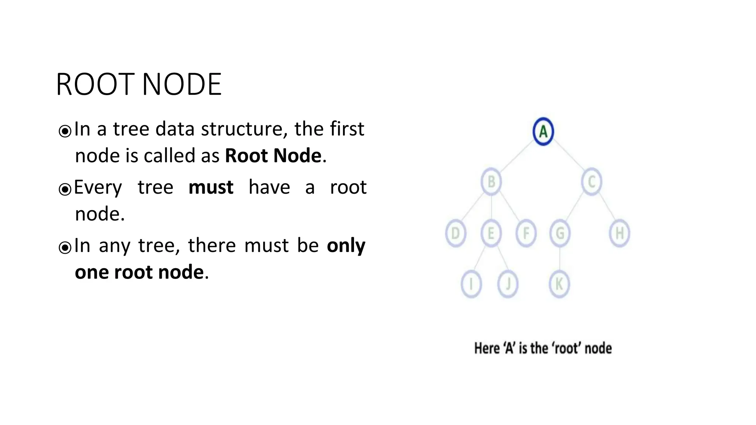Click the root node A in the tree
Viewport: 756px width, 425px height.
(x=543, y=131)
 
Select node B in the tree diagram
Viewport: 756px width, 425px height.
(x=491, y=182)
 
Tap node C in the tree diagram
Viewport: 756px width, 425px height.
(x=592, y=182)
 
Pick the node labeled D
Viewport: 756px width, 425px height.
(x=456, y=233)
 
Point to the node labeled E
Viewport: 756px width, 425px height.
(x=491, y=233)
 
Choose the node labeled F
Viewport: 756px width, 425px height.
(x=526, y=233)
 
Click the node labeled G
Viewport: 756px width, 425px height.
(x=560, y=233)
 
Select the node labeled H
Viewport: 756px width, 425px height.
(x=619, y=233)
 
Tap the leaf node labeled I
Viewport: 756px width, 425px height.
(x=471, y=284)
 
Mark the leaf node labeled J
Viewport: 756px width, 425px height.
(x=508, y=284)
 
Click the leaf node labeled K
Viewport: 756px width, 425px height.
(x=559, y=284)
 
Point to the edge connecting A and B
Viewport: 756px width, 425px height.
(x=517, y=157)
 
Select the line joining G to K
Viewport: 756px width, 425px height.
(x=560, y=259)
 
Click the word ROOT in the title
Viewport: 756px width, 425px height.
(x=95, y=84)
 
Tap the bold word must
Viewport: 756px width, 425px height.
(x=211, y=187)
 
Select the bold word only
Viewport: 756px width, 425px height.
(x=346, y=246)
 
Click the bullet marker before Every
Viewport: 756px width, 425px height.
(x=65, y=189)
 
